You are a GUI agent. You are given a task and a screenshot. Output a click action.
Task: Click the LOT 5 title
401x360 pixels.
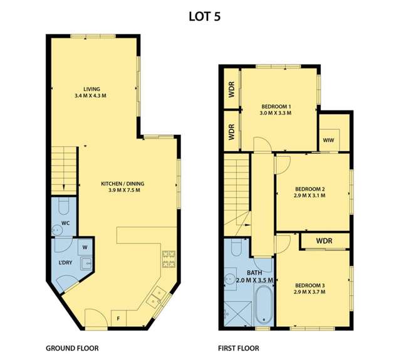pos(204,17)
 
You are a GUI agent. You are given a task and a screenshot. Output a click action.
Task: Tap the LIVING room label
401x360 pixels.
pos(91,89)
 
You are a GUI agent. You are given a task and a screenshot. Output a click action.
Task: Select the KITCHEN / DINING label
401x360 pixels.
pos(123,184)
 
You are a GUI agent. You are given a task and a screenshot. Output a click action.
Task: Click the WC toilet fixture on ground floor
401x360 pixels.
pos(64,206)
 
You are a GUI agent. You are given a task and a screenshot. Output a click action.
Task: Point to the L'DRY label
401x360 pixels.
pos(65,262)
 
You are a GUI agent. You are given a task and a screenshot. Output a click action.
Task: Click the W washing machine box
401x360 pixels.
pos(85,247)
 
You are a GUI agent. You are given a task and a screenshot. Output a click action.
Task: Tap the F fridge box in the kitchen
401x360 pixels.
pos(118,319)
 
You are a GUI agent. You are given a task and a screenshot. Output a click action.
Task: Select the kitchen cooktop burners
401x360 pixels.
pos(169,259)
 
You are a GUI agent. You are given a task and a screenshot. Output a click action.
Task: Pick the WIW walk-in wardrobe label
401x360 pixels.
pos(328,140)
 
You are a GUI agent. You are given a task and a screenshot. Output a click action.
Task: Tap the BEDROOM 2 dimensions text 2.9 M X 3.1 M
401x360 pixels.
pos(310,196)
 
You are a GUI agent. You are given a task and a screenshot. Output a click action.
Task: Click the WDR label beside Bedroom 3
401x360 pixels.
pos(325,241)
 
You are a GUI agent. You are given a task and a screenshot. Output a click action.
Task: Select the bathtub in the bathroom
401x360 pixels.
pos(264,305)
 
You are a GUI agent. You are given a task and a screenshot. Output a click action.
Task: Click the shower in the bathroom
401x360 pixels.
pos(237,314)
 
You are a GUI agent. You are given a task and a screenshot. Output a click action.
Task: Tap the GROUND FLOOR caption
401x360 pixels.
pos(72,348)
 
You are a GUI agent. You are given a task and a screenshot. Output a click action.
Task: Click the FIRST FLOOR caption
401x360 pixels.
pos(239,348)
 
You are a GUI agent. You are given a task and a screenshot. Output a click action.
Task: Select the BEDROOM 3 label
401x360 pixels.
pos(310,285)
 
